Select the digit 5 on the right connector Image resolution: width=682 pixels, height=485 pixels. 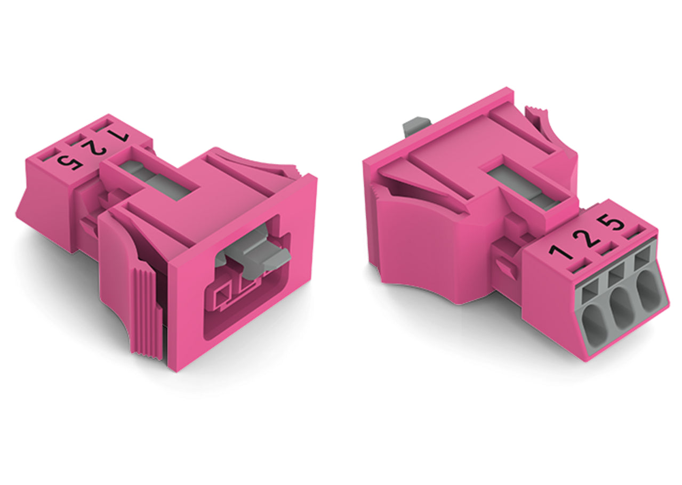pyautogui.click(x=612, y=223)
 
